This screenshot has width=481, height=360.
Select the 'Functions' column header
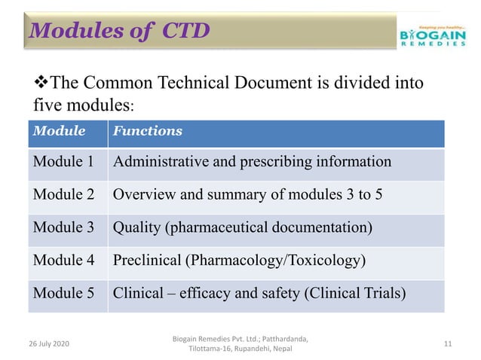(147, 131)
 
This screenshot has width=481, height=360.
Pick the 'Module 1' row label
(63, 162)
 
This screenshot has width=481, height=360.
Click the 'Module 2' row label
(63, 194)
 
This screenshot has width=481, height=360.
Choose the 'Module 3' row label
(63, 227)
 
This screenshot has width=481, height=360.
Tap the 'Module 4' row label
(63, 261)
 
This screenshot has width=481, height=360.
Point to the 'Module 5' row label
(63, 294)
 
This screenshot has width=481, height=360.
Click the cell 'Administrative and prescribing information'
(252, 162)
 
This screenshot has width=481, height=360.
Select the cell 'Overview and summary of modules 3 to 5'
(247, 194)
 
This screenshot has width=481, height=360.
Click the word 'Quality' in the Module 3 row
(137, 227)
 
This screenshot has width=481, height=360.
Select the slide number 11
(448, 343)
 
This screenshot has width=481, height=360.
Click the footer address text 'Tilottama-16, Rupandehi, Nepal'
(240, 349)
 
